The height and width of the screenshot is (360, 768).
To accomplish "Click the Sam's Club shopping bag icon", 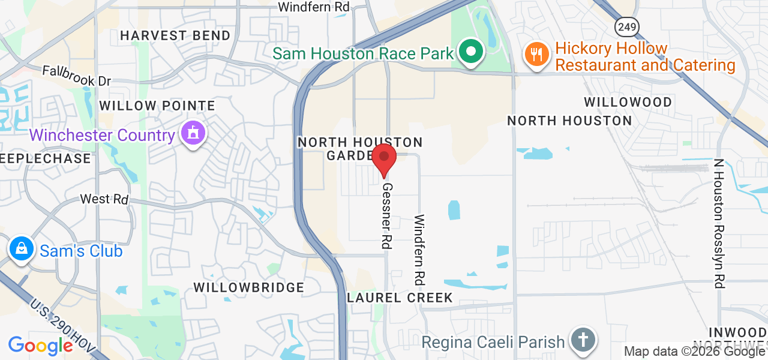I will coord(22,249).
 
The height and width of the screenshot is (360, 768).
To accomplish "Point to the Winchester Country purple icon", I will coord(193,134).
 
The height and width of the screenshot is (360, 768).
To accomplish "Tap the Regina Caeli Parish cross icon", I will coord(582,339).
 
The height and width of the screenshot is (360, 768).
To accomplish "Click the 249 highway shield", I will coord(626,26).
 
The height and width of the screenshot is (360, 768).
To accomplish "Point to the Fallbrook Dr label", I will coord(77,76).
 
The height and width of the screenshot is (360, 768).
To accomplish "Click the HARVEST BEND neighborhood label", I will coord(175,35).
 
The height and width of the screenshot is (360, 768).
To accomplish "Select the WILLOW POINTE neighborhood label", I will coord(157,106).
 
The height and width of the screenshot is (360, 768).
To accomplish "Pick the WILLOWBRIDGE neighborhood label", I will coord(249,287).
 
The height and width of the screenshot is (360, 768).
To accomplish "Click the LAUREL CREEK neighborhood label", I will coord(399,298).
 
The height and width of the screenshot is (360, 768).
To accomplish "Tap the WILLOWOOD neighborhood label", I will coord(628,102).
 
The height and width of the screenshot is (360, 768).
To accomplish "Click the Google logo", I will coord(41,346).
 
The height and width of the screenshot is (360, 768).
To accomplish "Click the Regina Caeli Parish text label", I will coord(493,342).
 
